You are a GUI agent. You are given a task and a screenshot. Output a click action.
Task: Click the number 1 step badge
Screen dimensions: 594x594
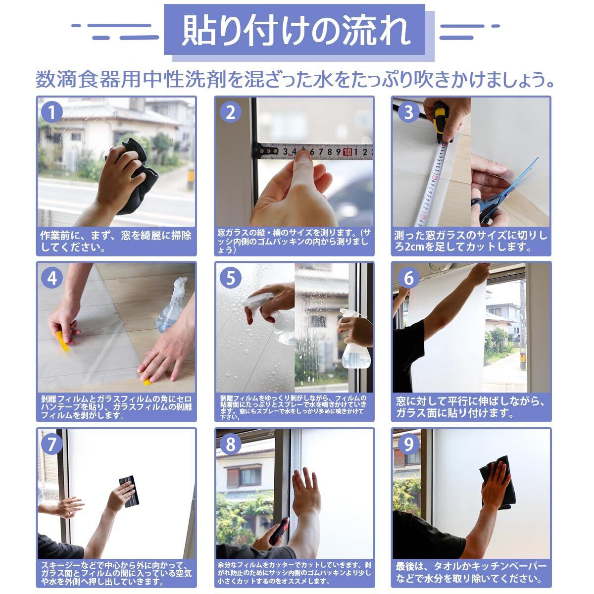point(51,112)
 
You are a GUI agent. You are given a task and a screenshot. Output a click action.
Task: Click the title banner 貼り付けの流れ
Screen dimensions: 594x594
point(295,29)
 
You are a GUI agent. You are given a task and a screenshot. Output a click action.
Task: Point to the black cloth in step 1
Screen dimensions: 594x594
point(136,176)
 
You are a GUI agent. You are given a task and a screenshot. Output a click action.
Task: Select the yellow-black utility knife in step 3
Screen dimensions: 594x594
point(442,122)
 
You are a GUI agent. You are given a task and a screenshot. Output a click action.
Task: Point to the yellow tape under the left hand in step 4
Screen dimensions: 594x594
point(63,341)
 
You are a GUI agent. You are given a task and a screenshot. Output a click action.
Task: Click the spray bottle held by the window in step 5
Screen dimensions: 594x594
point(354,342)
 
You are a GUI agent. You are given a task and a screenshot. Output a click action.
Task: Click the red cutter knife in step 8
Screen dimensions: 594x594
point(279,531)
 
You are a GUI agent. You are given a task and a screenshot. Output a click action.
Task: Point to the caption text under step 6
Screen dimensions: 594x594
point(470,407)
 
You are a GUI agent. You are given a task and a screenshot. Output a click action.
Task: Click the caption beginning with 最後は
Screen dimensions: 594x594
point(471,573)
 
